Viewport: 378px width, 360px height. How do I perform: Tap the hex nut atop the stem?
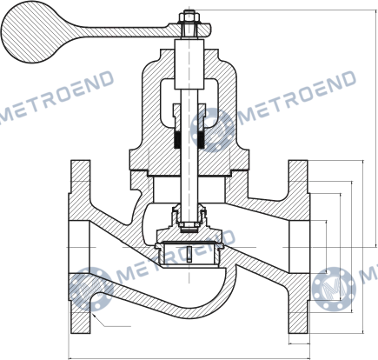[x=189, y=18]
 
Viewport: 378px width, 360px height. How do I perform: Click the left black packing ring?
[x=177, y=140]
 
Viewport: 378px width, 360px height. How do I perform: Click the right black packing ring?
[x=202, y=140]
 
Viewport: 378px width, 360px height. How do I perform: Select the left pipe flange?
[x=80, y=246]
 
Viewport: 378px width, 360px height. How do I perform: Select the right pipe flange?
[x=299, y=246]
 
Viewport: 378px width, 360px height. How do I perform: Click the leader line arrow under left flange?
[x=110, y=320]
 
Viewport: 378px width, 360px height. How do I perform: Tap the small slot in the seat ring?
[x=189, y=254]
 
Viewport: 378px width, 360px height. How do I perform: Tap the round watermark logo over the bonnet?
[x=212, y=130]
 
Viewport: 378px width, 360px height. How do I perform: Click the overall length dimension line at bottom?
[x=189, y=358]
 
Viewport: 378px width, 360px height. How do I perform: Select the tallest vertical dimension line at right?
[x=376, y=129]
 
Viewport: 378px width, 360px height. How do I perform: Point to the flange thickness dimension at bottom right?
[x=299, y=343]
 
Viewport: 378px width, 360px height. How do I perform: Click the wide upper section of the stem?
[x=189, y=64]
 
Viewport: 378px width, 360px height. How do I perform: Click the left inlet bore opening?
[x=79, y=247]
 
